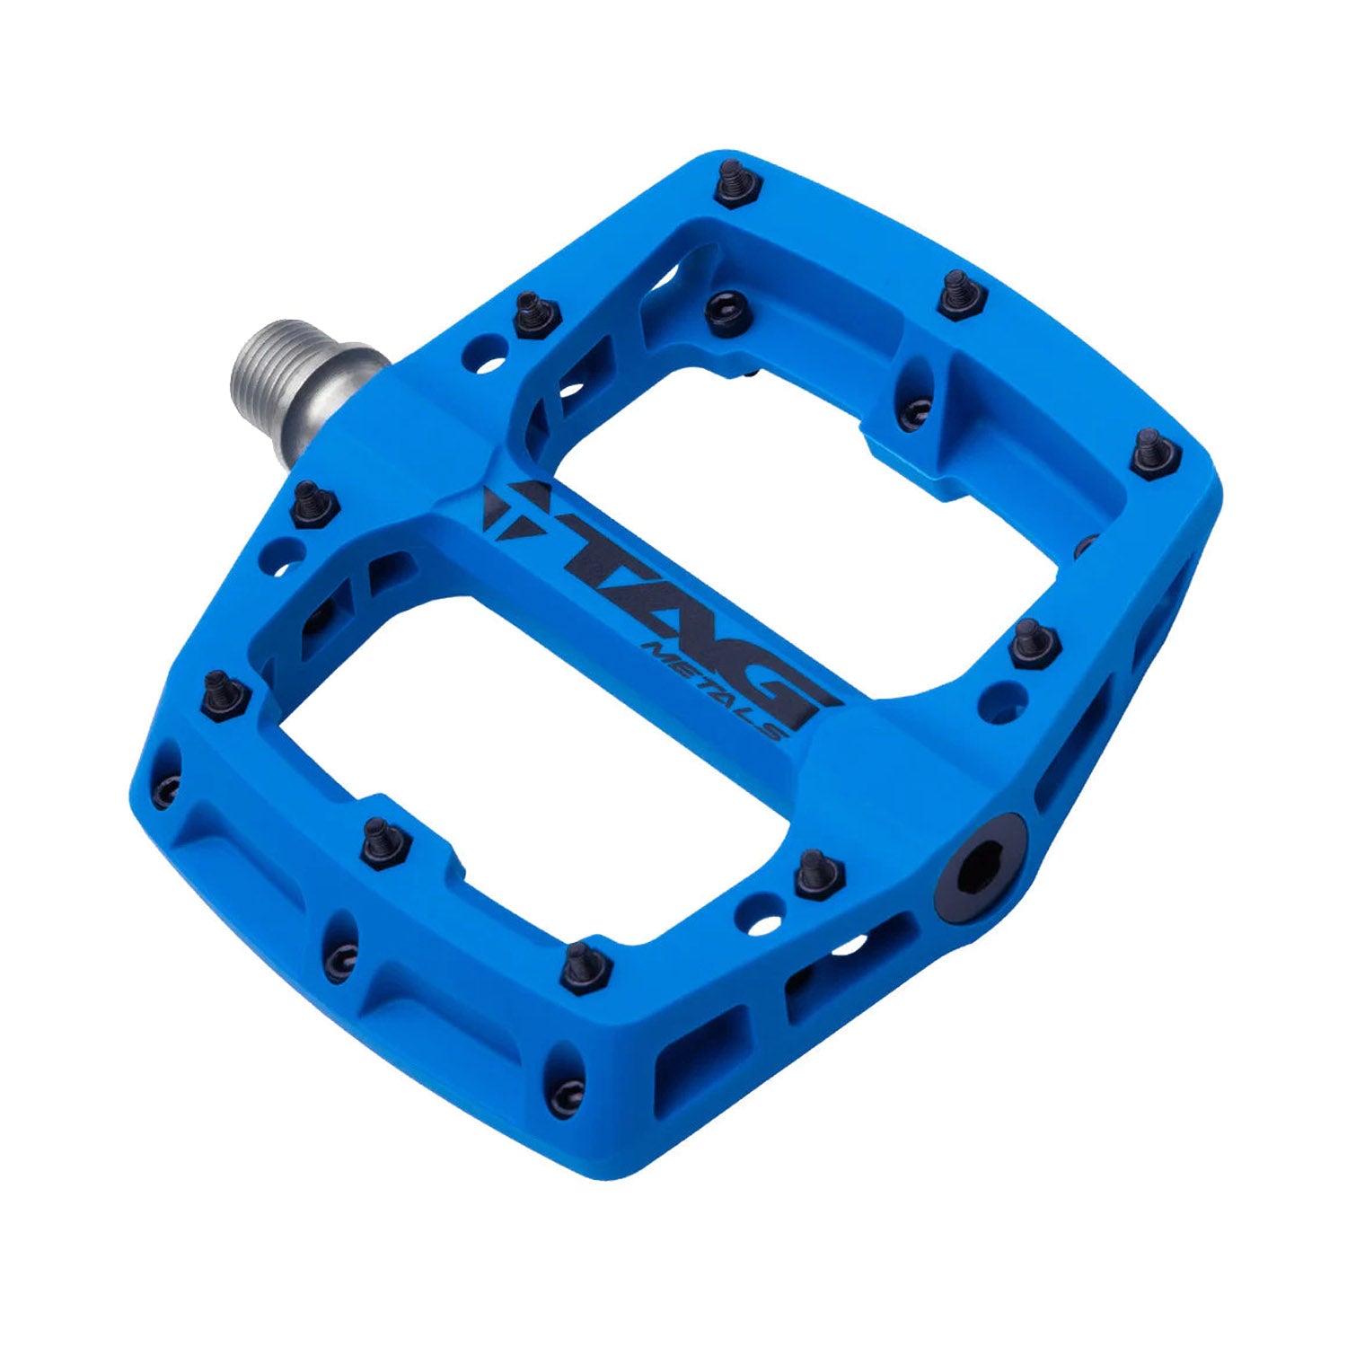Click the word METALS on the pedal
(x=718, y=687)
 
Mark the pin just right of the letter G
(x=1033, y=642)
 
